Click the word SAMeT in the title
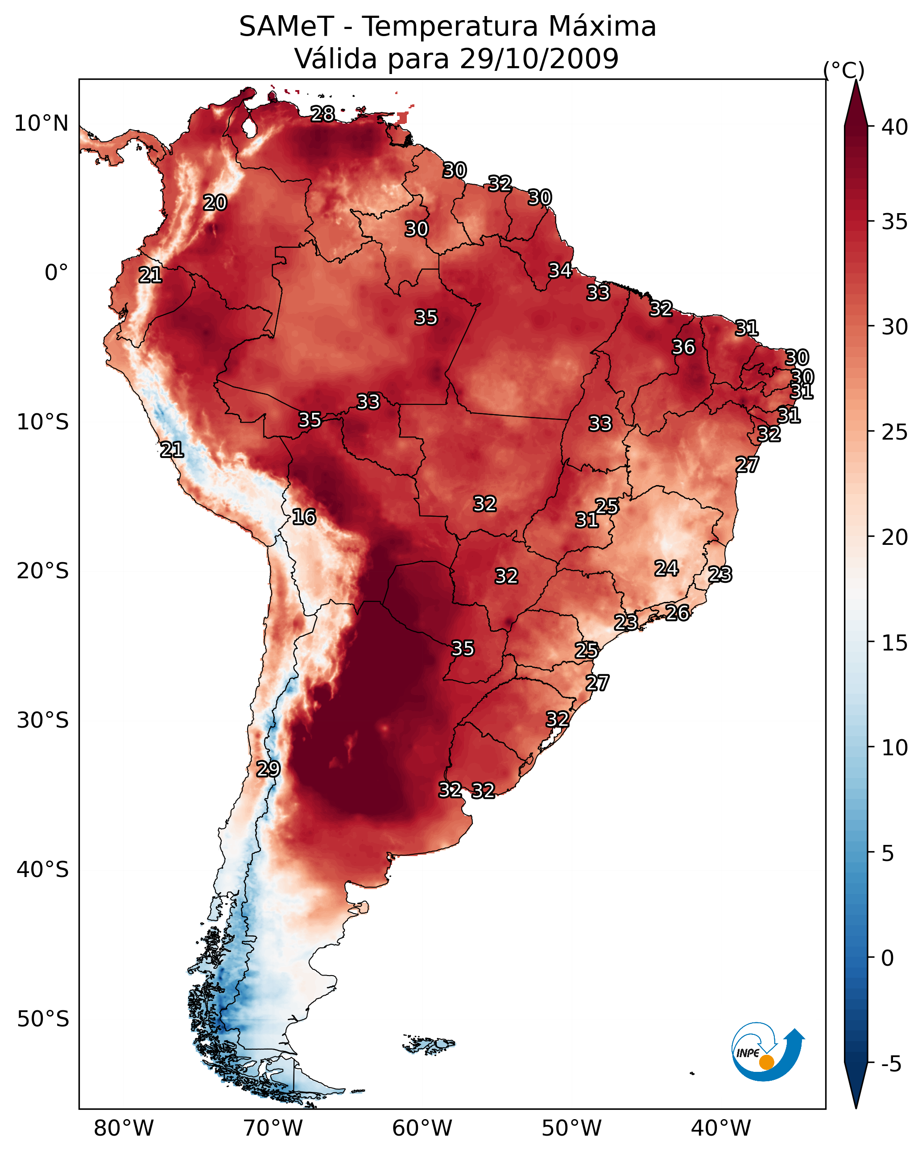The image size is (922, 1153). coord(286,27)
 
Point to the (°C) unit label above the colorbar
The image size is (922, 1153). coord(844,70)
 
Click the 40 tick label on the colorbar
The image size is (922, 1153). coord(895,127)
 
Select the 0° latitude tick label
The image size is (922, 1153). coord(57,273)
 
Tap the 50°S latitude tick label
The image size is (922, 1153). coord(43,1019)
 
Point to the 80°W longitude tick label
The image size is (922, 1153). coord(124,1128)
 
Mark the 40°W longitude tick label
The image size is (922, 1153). coord(721,1128)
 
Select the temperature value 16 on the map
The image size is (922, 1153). coord(304,517)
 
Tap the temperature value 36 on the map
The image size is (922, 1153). coord(683,347)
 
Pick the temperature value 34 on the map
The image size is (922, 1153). coord(560,271)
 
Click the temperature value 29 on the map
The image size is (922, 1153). coord(268,769)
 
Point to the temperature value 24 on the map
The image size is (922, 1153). coord(666,568)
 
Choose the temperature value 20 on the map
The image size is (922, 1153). coord(215,203)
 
